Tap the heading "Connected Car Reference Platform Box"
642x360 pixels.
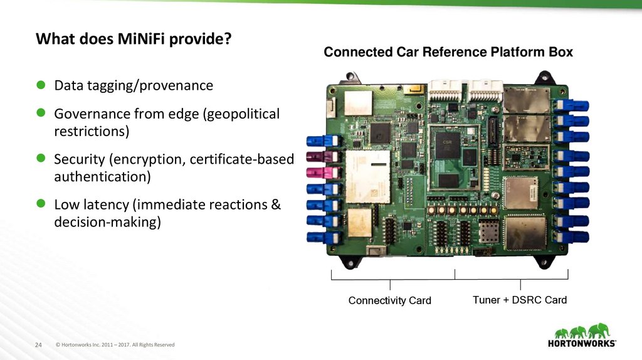click(x=448, y=52)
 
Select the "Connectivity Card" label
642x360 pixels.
click(x=389, y=301)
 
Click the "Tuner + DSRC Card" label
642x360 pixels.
click(x=520, y=300)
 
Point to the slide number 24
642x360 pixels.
click(x=38, y=345)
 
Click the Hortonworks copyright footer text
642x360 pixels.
click(x=115, y=345)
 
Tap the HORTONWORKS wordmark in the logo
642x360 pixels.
click(x=582, y=344)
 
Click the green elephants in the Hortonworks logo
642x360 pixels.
click(x=582, y=330)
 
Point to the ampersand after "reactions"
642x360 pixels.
click(x=276, y=204)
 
